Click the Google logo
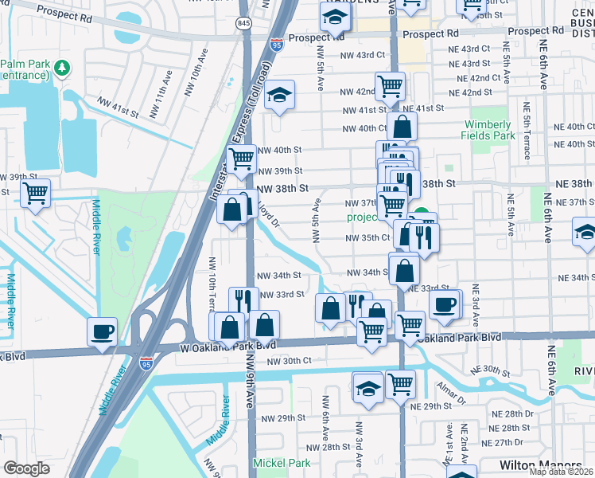[x=26, y=468]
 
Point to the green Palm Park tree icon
[x=62, y=70]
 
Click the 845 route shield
[x=243, y=24]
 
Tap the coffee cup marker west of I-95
[x=103, y=331]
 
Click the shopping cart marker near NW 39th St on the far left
[x=36, y=193]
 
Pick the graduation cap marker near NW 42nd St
[x=279, y=95]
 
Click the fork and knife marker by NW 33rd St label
[x=243, y=300]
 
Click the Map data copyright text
[x=561, y=472]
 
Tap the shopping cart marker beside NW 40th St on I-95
[x=241, y=158]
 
